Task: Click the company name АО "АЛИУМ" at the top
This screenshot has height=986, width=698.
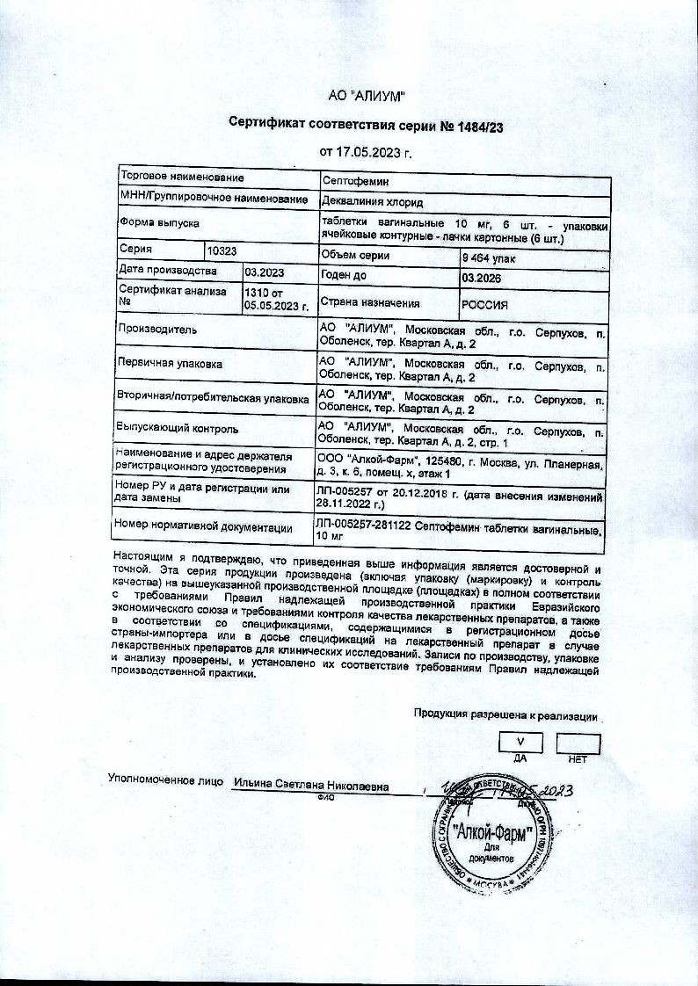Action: (366, 96)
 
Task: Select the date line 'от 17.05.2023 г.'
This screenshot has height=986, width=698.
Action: (366, 152)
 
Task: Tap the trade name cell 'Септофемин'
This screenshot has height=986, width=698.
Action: (349, 180)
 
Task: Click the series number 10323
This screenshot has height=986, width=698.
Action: (224, 250)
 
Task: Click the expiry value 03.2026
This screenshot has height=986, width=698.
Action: (479, 279)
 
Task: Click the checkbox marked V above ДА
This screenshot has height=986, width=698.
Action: (520, 743)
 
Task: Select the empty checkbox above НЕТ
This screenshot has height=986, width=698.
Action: (578, 743)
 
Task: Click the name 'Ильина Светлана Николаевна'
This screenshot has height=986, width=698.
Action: (311, 786)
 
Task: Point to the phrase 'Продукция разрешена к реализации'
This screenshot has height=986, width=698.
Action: (506, 715)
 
